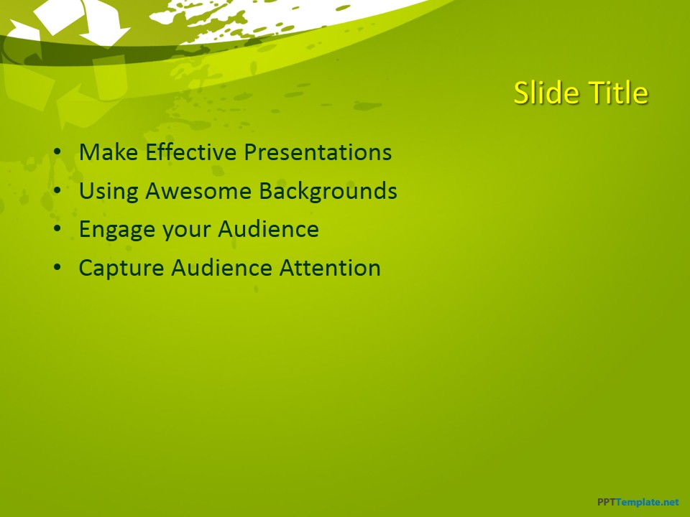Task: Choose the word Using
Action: point(109,191)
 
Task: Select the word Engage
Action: point(117,230)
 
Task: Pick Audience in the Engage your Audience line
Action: point(268,230)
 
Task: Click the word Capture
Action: point(121,268)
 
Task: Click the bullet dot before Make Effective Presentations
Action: point(57,153)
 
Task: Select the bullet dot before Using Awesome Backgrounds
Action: point(57,192)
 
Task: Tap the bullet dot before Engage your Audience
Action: point(57,230)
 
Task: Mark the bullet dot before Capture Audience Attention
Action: point(57,269)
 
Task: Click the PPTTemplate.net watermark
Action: point(638,503)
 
